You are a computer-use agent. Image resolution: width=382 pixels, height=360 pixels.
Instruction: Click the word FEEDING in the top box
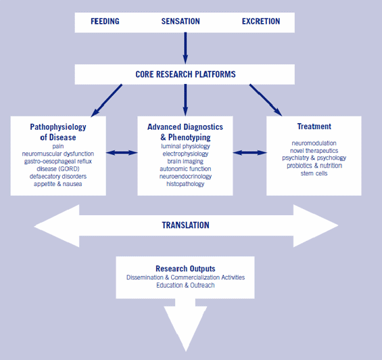tap(105, 22)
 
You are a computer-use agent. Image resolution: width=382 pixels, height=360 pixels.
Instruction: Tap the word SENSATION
tap(181, 22)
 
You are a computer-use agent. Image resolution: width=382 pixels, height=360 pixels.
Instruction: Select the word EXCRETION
tap(261, 22)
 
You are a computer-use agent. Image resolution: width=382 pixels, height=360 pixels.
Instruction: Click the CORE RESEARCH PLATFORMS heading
tap(185, 74)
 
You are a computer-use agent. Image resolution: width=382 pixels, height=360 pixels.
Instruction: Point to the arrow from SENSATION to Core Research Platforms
tap(185, 48)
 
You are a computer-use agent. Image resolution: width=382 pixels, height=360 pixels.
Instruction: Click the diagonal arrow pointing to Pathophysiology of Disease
tap(106, 100)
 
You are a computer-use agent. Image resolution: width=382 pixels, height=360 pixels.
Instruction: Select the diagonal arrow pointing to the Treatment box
tap(266, 100)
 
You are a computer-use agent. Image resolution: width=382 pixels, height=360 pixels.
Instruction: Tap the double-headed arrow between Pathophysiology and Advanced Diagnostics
tap(122, 153)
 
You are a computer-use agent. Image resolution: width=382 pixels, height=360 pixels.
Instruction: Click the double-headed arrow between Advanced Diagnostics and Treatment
tap(249, 153)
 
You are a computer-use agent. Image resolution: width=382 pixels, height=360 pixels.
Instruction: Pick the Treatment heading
tap(314, 127)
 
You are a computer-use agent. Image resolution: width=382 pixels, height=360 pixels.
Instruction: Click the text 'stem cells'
tap(314, 173)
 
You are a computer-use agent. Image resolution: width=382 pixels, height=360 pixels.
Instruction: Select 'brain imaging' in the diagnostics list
tap(185, 162)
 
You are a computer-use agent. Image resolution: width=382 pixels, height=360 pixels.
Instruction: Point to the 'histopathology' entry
tap(185, 184)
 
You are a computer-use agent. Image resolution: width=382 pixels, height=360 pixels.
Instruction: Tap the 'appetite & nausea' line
tap(58, 184)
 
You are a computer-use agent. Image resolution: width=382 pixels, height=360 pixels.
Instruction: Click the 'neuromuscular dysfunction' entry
tap(58, 154)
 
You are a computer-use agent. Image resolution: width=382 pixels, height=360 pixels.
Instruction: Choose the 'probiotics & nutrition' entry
tap(314, 166)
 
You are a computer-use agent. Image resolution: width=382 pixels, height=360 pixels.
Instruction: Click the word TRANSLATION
tap(186, 225)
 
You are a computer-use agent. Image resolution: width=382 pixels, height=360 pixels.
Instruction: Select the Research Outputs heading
tap(185, 269)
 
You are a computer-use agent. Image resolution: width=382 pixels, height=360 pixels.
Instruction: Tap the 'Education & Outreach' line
tap(185, 285)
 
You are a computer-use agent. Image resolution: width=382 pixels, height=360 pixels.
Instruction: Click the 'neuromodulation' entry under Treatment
tap(314, 143)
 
